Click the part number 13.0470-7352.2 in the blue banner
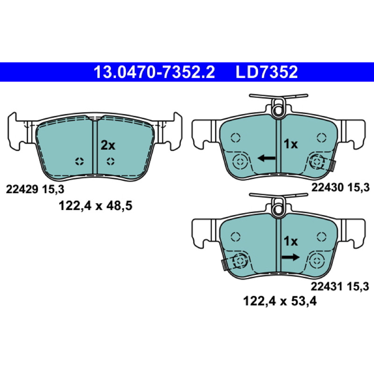point(154,72)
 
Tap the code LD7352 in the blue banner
point(266,72)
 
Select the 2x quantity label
point(108,145)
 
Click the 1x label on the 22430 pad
point(290,144)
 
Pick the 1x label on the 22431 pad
point(290,241)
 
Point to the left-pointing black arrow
point(266,158)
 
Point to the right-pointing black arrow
point(290,257)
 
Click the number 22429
point(22,190)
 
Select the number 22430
point(327,187)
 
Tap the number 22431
point(326,287)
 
